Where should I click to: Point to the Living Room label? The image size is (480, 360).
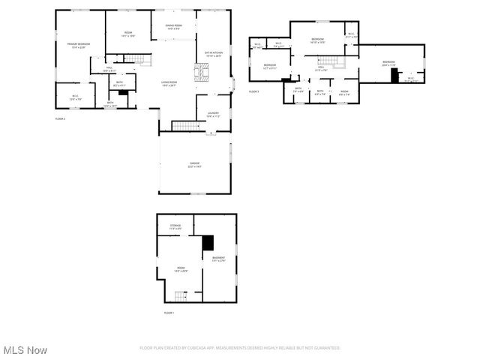click(169, 84)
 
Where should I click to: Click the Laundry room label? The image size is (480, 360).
click(213, 115)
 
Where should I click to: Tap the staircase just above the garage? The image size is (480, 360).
click(183, 125)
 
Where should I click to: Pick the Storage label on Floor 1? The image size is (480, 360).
click(175, 226)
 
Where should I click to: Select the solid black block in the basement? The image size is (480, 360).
click(208, 243)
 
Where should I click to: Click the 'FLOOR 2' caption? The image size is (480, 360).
click(60, 118)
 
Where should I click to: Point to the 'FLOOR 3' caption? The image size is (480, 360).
click(253, 91)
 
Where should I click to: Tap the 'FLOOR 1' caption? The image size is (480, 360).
click(169, 312)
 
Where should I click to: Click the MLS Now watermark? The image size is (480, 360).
click(25, 350)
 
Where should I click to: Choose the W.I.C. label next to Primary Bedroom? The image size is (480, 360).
click(76, 97)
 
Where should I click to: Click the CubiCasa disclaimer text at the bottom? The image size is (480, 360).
click(240, 348)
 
